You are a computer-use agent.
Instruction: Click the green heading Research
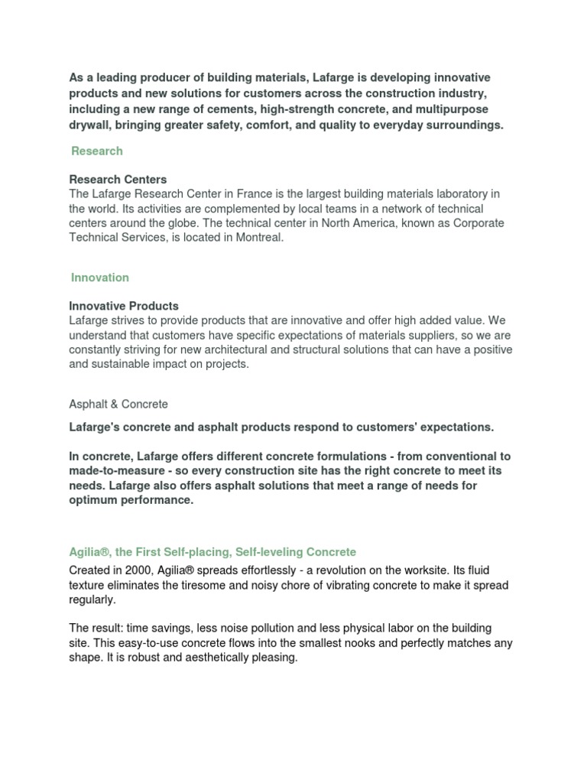tap(97, 151)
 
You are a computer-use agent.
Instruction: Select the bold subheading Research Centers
tap(118, 180)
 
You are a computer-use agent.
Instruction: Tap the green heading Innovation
tap(100, 278)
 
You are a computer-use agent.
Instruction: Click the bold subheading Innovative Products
tap(124, 306)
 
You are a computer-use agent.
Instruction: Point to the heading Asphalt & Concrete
tap(118, 404)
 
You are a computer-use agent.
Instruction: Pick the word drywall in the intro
tap(89, 125)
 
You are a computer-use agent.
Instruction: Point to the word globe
tap(175, 223)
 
